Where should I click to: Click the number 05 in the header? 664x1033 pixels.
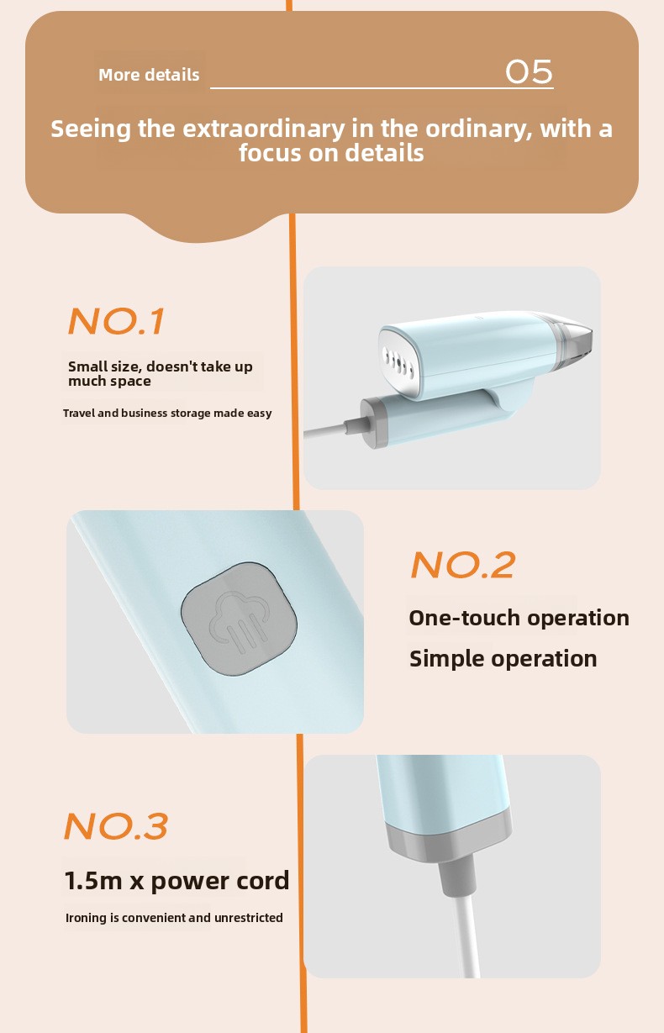(x=529, y=72)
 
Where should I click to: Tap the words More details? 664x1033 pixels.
(x=149, y=75)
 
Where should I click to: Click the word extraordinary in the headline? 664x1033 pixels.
(x=264, y=129)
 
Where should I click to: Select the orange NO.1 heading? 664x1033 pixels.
(x=116, y=321)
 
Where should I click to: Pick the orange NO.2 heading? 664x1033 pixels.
(x=462, y=565)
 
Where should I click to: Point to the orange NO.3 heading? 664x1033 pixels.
(x=116, y=826)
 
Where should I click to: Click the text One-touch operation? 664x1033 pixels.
(x=519, y=618)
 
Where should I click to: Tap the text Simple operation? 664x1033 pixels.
(x=503, y=658)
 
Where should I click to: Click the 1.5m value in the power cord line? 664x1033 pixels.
(x=92, y=880)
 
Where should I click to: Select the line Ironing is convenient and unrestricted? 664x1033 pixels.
(x=174, y=918)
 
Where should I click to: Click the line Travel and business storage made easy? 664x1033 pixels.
(x=167, y=413)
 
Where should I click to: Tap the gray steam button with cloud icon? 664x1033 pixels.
(x=239, y=619)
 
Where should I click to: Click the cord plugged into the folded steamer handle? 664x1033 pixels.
(x=329, y=430)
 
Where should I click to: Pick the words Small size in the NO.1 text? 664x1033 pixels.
(x=105, y=366)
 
